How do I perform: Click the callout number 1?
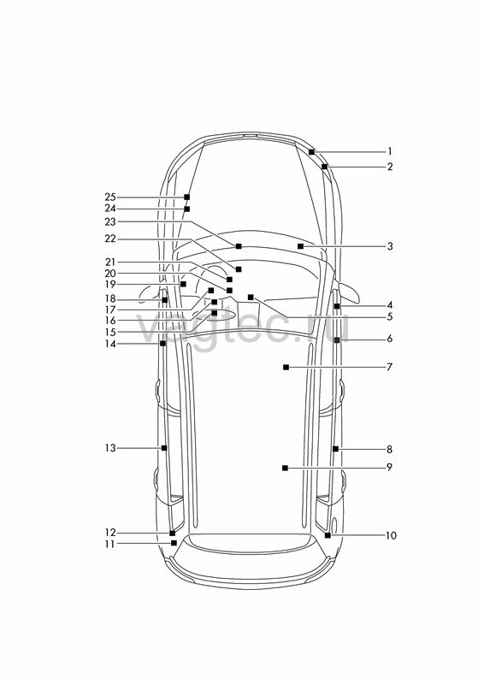point(390,152)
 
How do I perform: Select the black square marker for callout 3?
point(300,246)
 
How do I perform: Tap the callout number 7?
point(390,367)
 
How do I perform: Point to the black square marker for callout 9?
point(285,468)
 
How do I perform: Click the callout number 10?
point(391,535)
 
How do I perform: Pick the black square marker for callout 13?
point(164,448)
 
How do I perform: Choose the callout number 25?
point(110,198)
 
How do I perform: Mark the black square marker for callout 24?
point(186,209)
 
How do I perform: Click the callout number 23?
point(110,222)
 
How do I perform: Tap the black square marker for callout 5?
point(251,297)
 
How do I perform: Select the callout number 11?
point(110,544)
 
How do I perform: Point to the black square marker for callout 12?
point(173,533)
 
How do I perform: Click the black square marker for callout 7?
point(286,368)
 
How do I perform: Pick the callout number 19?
point(110,285)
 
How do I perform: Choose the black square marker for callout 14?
point(162,344)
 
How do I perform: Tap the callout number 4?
point(390,305)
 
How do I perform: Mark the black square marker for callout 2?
point(324,167)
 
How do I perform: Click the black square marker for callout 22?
point(239,269)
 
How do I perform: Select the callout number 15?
point(110,333)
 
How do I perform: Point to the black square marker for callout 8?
point(335,449)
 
